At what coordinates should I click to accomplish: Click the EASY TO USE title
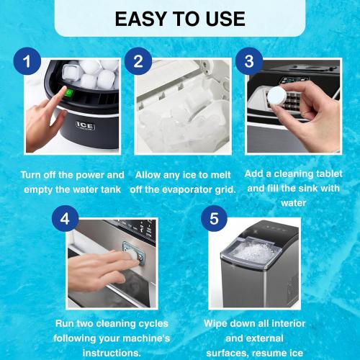(x=179, y=18)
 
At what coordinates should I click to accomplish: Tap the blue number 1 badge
(x=29, y=62)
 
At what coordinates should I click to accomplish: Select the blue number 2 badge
(x=138, y=62)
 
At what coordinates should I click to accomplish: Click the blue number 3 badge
(x=249, y=62)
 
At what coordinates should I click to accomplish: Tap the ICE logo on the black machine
(x=85, y=125)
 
